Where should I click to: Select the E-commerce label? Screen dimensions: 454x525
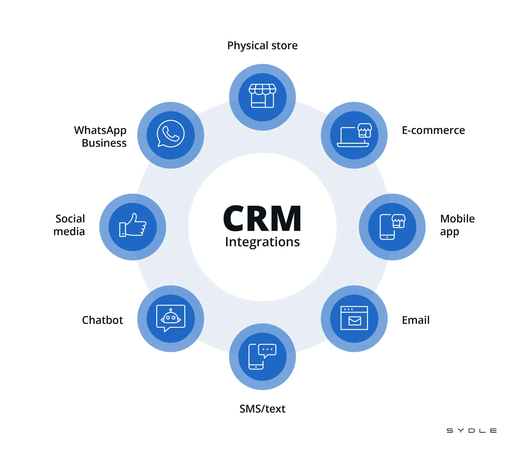(433, 130)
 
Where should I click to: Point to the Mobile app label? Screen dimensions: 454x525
(457, 225)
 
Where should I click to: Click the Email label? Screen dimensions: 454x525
(416, 320)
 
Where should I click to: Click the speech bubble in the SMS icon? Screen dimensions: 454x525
(267, 350)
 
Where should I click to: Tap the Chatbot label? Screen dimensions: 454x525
(102, 320)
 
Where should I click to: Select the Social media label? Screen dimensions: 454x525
(69, 225)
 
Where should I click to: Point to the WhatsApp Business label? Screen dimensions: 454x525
(101, 137)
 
